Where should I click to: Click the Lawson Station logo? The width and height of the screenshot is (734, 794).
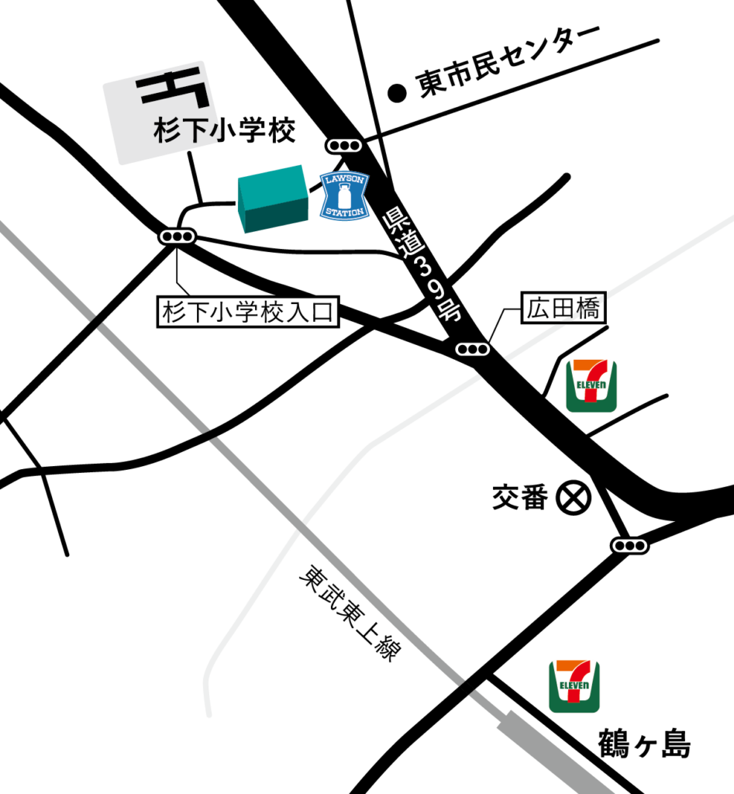[x=344, y=195]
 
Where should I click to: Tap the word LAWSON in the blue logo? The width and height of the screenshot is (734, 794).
[x=344, y=180]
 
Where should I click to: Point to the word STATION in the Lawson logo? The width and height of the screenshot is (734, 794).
[x=344, y=212]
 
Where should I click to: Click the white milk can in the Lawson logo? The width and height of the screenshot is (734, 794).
[x=344, y=195]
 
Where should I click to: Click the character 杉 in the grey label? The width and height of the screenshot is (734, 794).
[x=167, y=130]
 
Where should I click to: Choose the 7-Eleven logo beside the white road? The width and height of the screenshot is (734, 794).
[x=591, y=385]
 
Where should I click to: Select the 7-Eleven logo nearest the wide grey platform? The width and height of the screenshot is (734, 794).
[x=574, y=686]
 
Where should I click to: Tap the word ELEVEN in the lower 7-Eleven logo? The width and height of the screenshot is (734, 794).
[x=574, y=686]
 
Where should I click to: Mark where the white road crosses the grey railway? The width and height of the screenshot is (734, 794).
[x=301, y=526]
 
